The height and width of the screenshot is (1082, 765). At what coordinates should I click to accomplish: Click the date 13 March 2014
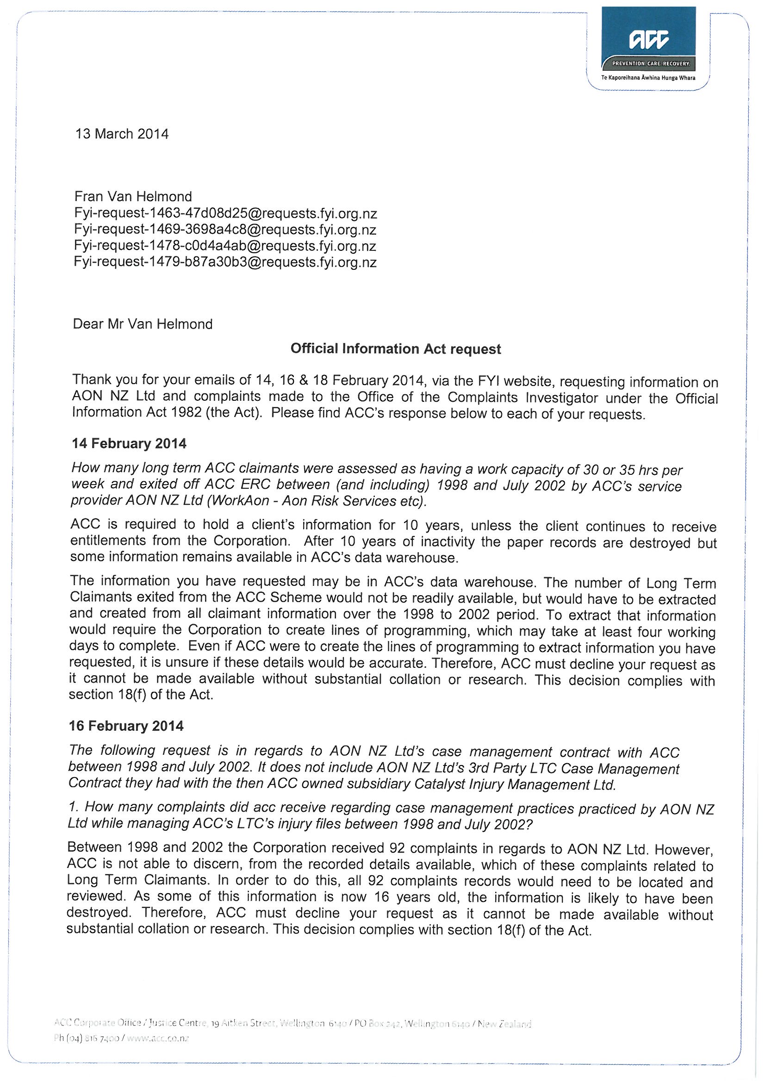point(122,134)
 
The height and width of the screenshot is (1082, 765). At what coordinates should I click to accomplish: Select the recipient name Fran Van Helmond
point(133,197)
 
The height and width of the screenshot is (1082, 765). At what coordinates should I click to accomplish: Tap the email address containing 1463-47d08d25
point(225,213)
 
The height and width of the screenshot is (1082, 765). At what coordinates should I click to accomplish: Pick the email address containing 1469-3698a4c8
point(225,230)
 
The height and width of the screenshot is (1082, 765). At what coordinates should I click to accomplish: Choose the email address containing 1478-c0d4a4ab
point(225,246)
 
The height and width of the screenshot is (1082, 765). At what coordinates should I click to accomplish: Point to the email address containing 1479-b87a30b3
point(225,262)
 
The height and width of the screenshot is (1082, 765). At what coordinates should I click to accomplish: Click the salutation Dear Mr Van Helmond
point(143,324)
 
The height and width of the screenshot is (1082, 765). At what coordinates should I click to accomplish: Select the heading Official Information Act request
point(396,349)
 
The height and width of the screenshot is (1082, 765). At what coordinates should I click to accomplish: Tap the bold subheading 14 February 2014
point(129,443)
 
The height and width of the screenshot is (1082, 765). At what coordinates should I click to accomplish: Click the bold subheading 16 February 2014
point(126,726)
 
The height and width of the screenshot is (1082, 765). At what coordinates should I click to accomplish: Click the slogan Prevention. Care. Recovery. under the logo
point(651,63)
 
